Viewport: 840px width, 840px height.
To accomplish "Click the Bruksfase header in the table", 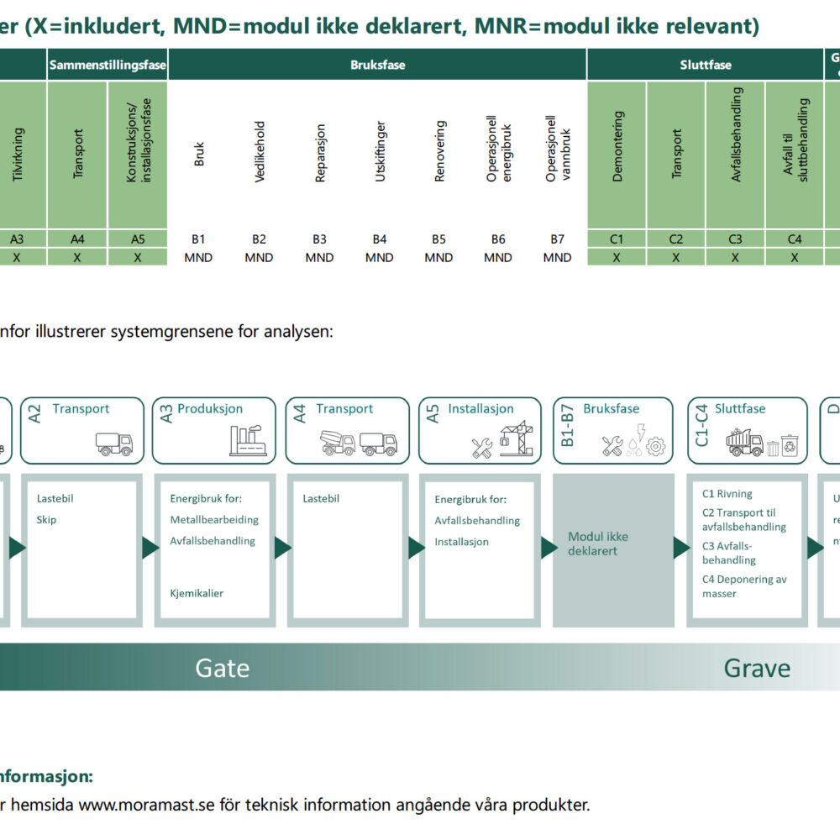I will coord(377,65).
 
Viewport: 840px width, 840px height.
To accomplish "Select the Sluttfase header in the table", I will coord(706,65).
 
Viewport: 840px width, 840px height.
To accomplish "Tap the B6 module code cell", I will coord(498,239).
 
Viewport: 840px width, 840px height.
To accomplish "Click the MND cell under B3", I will coord(319,258).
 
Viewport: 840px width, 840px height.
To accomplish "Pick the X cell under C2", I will coord(676,258).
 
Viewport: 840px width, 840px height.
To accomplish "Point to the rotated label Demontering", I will coord(617,147).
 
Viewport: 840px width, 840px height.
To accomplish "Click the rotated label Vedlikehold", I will coord(260,152).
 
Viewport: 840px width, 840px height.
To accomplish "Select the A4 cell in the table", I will coord(77,239).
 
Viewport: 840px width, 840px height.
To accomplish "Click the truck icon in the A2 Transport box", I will coord(115,444).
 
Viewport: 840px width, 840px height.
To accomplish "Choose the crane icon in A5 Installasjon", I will coord(517,438).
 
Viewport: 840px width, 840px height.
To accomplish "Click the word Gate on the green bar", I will coord(223,669).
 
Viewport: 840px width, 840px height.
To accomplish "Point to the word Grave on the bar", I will coord(757,669).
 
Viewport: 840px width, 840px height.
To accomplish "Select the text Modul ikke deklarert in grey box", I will coord(598,543).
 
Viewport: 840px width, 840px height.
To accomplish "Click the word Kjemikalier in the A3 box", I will coord(197,593).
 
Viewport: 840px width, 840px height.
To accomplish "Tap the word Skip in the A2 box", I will coord(47,520).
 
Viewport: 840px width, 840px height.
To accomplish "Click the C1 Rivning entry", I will coord(727,494).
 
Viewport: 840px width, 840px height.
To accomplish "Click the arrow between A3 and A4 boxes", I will coord(283,548).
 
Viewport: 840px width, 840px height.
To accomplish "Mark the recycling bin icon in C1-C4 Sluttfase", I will coord(790,445).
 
